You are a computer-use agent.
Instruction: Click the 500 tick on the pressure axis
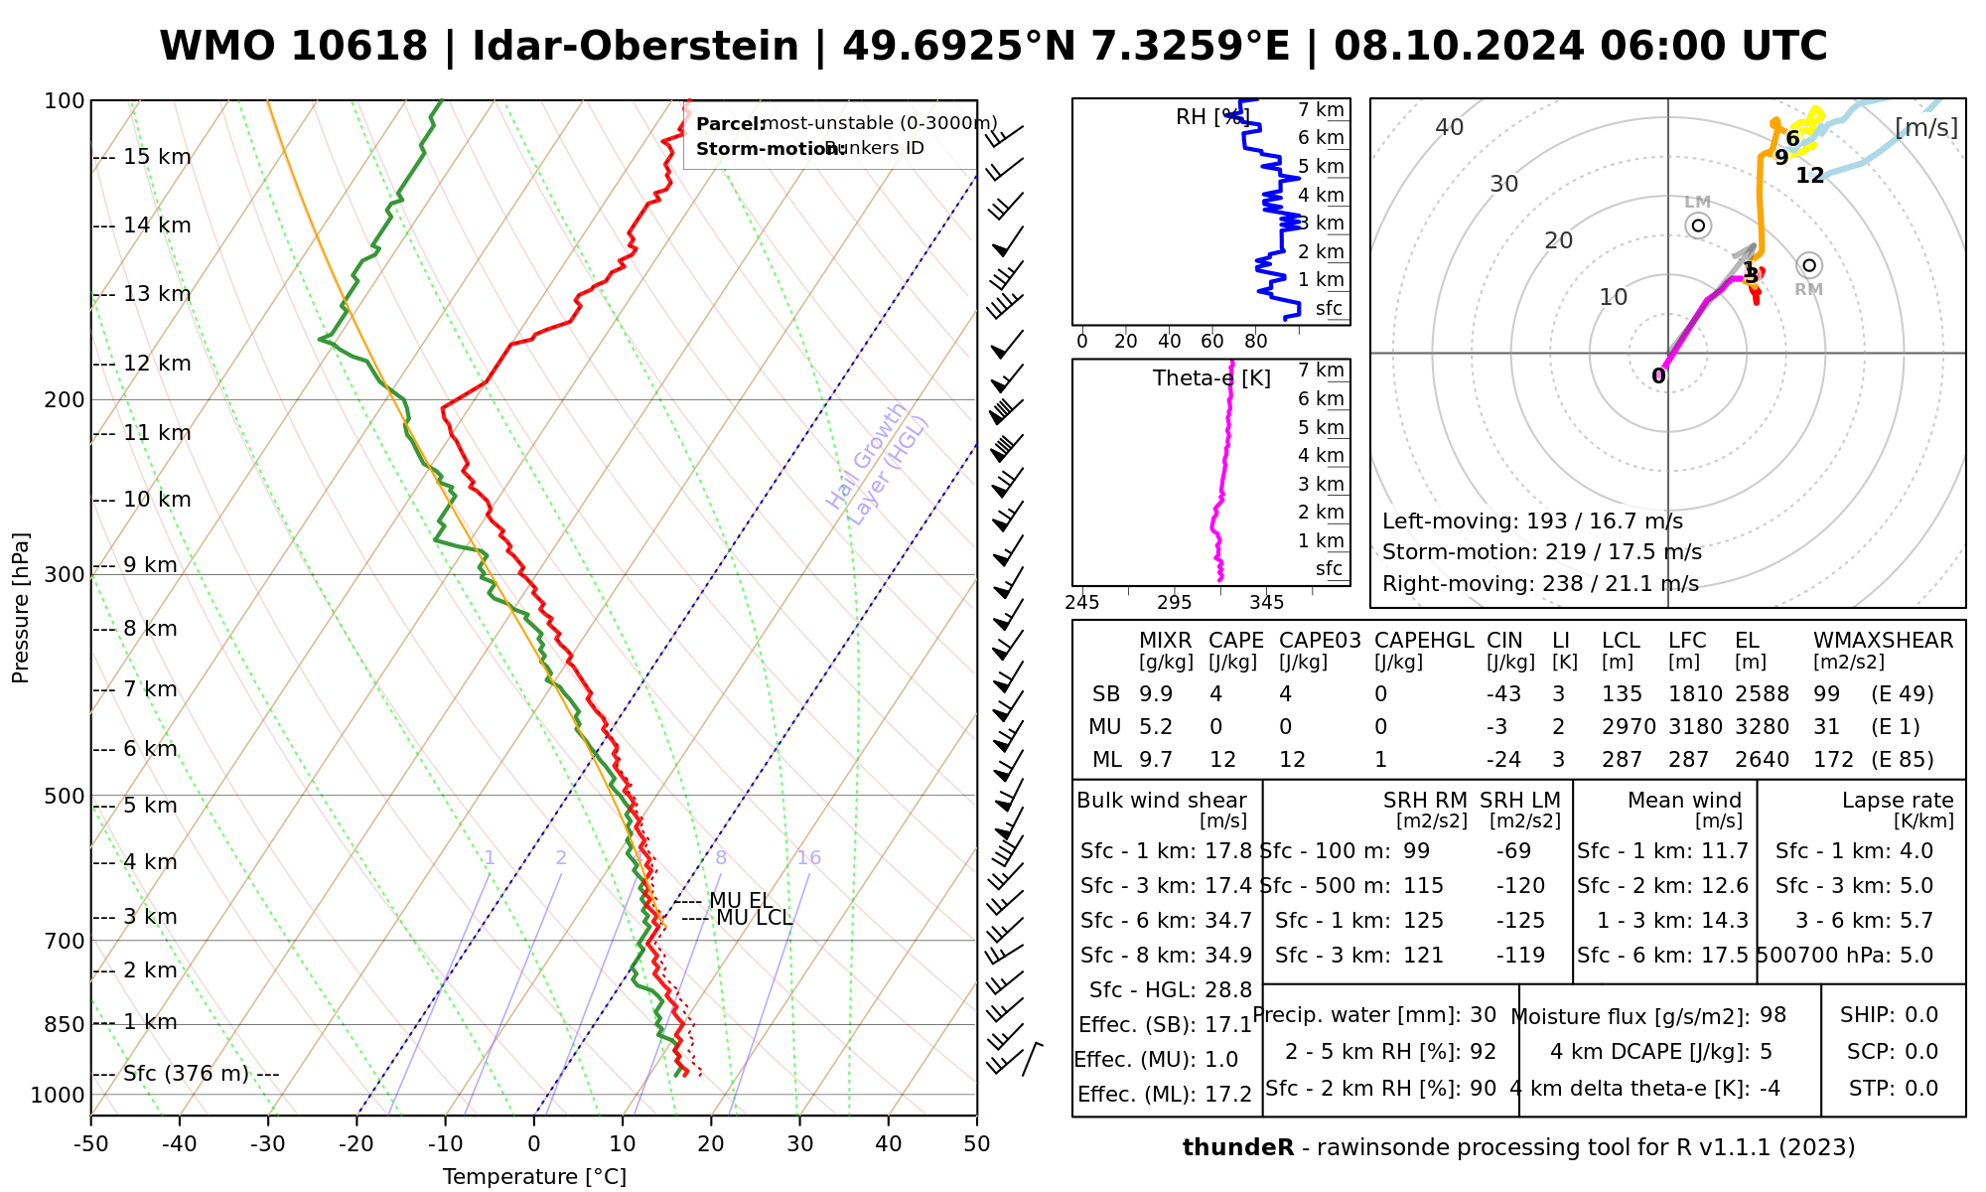click(x=67, y=796)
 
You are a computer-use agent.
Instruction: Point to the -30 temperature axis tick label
click(x=267, y=1144)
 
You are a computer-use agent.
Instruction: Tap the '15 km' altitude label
click(x=157, y=157)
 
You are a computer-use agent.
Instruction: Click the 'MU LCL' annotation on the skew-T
click(x=754, y=918)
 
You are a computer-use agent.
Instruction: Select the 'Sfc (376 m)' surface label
click(x=189, y=1074)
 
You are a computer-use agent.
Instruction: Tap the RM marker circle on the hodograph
click(x=1809, y=265)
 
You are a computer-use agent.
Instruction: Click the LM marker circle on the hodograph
click(x=1698, y=225)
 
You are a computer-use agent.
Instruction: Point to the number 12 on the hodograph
click(x=1810, y=176)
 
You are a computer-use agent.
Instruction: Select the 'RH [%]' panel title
click(x=1210, y=117)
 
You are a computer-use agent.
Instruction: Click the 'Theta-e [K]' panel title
click(x=1211, y=378)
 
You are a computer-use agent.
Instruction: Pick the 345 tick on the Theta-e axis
click(x=1266, y=602)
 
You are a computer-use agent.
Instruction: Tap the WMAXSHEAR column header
click(x=1883, y=641)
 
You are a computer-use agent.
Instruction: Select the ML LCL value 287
click(x=1622, y=760)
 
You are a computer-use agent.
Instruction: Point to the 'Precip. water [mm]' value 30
click(x=1483, y=1015)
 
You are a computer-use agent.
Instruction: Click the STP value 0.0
click(x=1921, y=1089)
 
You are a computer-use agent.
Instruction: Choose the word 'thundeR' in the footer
click(x=1238, y=1148)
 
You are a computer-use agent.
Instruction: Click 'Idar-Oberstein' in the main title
click(x=636, y=47)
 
